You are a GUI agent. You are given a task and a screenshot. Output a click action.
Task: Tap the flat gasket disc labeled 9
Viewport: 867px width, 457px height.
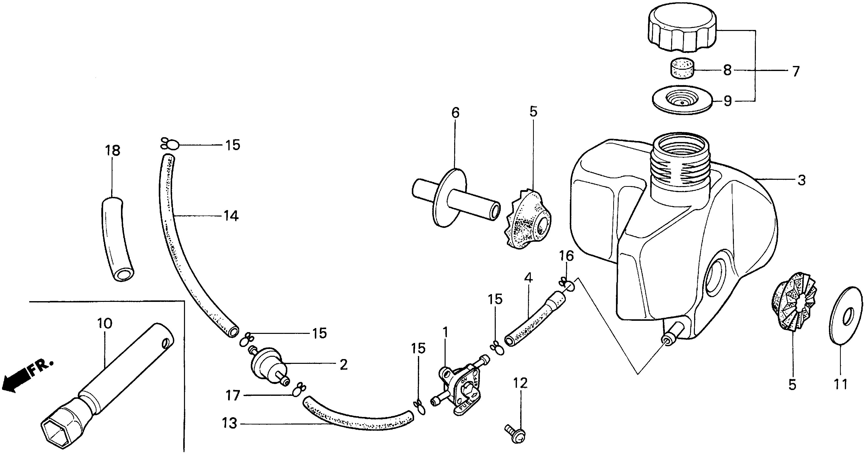(x=682, y=100)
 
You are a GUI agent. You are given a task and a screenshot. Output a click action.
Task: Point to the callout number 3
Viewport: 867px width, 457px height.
(x=802, y=181)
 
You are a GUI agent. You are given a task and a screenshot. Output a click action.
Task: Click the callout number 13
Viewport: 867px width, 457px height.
(x=230, y=423)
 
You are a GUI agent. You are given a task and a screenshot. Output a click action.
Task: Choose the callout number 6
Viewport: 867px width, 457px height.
(x=455, y=113)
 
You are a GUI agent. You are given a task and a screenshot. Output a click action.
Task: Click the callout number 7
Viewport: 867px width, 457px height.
(x=795, y=72)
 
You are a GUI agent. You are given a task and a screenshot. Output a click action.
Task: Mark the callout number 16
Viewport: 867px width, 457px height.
(x=566, y=256)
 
